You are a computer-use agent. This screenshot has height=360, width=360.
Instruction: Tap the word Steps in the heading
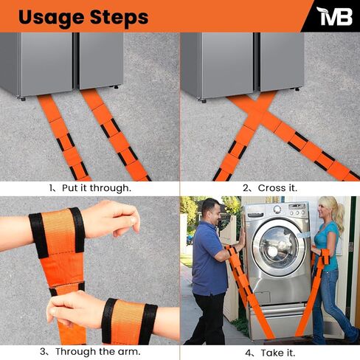[x=121, y=17]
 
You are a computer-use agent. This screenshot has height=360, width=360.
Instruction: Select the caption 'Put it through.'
[x=96, y=187]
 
